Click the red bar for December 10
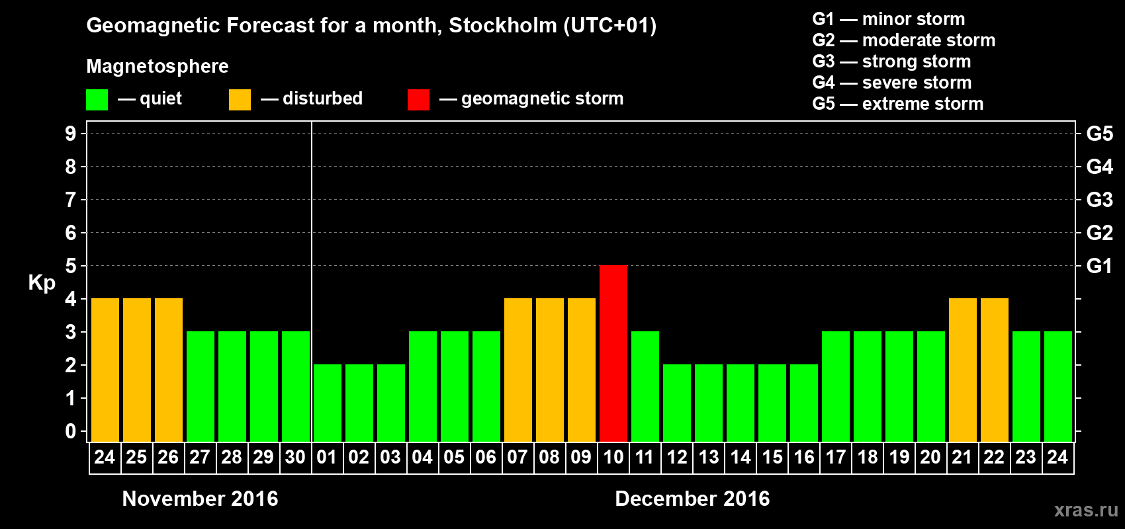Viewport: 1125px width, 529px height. pyautogui.click(x=613, y=353)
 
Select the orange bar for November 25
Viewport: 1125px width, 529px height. pyautogui.click(x=137, y=370)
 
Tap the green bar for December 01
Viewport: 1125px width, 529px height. pyautogui.click(x=327, y=403)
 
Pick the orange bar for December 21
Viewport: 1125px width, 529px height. pyautogui.click(x=962, y=370)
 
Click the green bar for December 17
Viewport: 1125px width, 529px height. pyautogui.click(x=835, y=386)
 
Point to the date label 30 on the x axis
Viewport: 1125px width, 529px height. pyautogui.click(x=295, y=457)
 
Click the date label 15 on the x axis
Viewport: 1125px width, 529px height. pyautogui.click(x=772, y=457)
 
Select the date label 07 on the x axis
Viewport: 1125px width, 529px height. pyautogui.click(x=517, y=457)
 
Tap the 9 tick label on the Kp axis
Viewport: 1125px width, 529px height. pyautogui.click(x=71, y=134)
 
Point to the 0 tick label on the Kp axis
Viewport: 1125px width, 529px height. pyautogui.click(x=71, y=431)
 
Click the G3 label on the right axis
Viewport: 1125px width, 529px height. pyautogui.click(x=1099, y=200)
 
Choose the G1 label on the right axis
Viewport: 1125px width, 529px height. pyautogui.click(x=1099, y=266)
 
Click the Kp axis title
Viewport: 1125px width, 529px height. pyautogui.click(x=42, y=283)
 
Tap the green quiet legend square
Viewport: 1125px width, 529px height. pyautogui.click(x=97, y=100)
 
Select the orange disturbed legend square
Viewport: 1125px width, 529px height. pyautogui.click(x=240, y=100)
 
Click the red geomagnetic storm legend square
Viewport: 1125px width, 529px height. pyautogui.click(x=418, y=100)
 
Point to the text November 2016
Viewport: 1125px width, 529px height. pyautogui.click(x=200, y=499)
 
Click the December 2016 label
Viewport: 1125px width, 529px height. pyautogui.click(x=692, y=499)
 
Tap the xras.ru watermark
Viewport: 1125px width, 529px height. pyautogui.click(x=1086, y=510)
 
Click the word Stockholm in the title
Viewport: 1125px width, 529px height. pyautogui.click(x=503, y=25)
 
